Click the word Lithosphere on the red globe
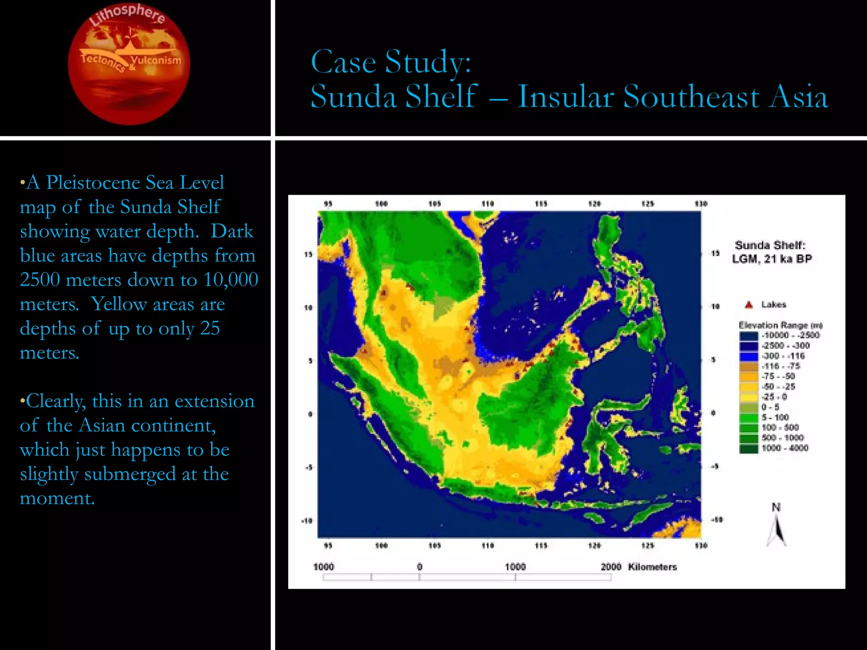pyautogui.click(x=127, y=15)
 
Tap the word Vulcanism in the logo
pyautogui.click(x=156, y=60)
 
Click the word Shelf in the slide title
pyautogui.click(x=441, y=96)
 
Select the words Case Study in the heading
pyautogui.click(x=390, y=62)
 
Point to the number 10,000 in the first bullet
pyautogui.click(x=231, y=280)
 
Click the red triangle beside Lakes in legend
pyautogui.click(x=748, y=305)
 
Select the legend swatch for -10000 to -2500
pyautogui.click(x=748, y=336)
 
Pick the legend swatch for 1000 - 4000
pyautogui.click(x=748, y=449)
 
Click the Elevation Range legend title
pyautogui.click(x=780, y=325)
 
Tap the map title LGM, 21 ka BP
pyautogui.click(x=772, y=259)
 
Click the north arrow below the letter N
pyautogui.click(x=776, y=532)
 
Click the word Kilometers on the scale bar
pyautogui.click(x=652, y=567)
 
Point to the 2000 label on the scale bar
pyautogui.click(x=611, y=567)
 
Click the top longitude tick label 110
pyautogui.click(x=488, y=204)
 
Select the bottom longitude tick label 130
pyautogui.click(x=701, y=545)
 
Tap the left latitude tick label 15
pyautogui.click(x=308, y=254)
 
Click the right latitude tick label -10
pyautogui.click(x=716, y=520)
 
